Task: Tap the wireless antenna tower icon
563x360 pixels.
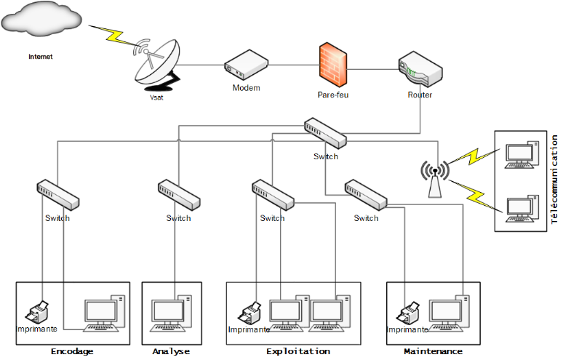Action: pos(435,178)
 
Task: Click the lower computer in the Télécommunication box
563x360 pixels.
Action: pos(522,207)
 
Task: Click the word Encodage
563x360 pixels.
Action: pos(72,351)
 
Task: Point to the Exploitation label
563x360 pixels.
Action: pos(298,351)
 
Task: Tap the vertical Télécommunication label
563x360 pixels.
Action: pos(554,179)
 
